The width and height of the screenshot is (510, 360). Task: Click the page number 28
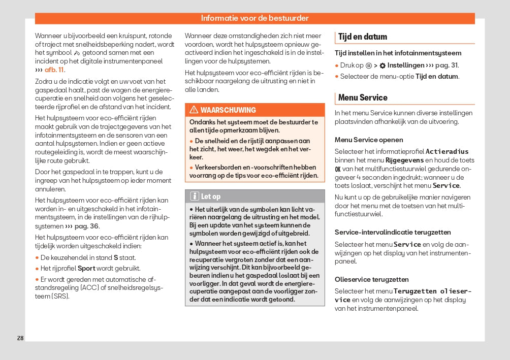(20, 338)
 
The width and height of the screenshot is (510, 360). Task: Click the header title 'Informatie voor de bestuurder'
(254, 18)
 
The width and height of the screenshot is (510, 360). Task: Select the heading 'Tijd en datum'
(362, 37)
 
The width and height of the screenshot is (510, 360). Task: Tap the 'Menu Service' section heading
(363, 97)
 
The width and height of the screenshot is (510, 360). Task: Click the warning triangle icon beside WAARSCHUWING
(194, 110)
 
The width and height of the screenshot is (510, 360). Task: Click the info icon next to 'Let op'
(195, 197)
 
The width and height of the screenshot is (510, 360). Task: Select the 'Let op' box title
(211, 197)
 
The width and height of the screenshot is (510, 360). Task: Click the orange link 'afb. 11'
(54, 70)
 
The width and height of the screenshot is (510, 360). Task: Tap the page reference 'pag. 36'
(87, 226)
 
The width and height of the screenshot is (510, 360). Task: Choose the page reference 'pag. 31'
(447, 65)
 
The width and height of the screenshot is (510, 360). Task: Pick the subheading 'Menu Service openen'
(369, 140)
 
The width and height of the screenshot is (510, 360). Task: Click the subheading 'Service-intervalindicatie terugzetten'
(393, 232)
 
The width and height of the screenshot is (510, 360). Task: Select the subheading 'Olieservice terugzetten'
(371, 279)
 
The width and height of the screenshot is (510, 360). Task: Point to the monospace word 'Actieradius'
(447, 151)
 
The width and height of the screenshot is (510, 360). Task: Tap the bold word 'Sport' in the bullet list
(86, 268)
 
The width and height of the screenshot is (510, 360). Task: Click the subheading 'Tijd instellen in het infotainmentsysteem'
(398, 53)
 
